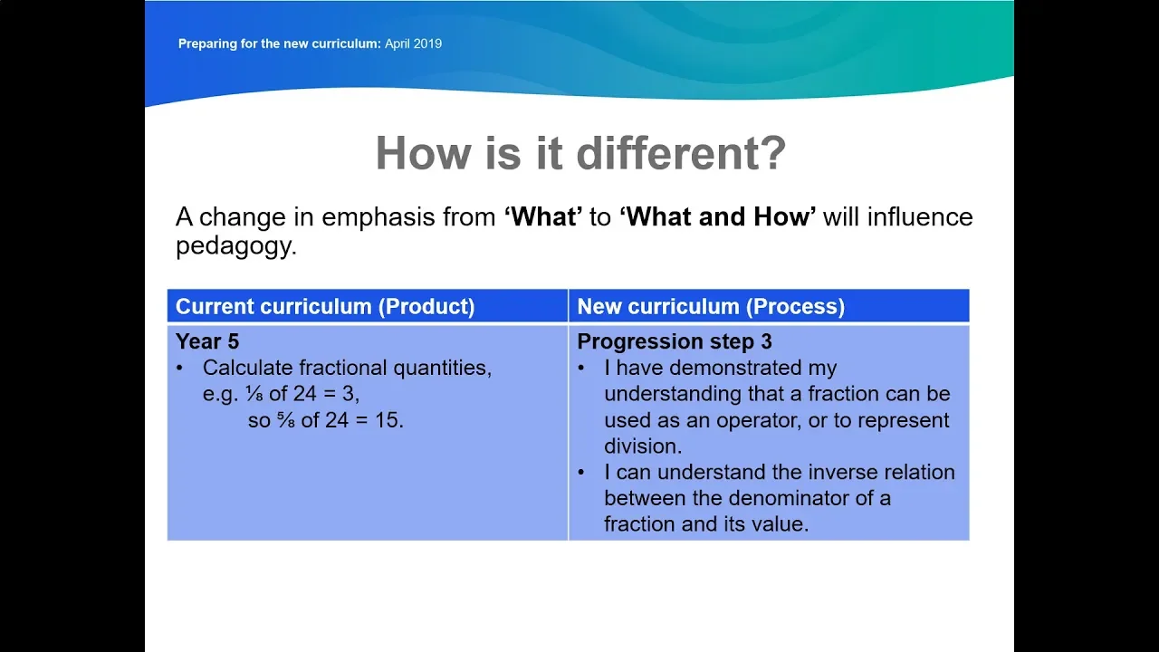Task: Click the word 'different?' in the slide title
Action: (x=681, y=153)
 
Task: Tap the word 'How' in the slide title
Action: (x=423, y=153)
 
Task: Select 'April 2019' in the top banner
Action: (x=414, y=43)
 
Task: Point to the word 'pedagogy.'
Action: (x=236, y=246)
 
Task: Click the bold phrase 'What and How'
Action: (x=718, y=216)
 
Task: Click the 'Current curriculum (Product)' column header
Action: (x=325, y=306)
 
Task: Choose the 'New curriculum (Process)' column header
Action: (x=711, y=306)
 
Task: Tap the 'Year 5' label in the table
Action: (x=207, y=341)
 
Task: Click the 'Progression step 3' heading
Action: (x=675, y=341)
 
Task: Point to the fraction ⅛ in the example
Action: (x=254, y=394)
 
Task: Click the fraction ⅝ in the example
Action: (x=286, y=420)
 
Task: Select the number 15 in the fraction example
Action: (x=387, y=420)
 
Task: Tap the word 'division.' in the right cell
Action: (x=643, y=446)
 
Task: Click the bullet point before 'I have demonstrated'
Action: (x=581, y=369)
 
